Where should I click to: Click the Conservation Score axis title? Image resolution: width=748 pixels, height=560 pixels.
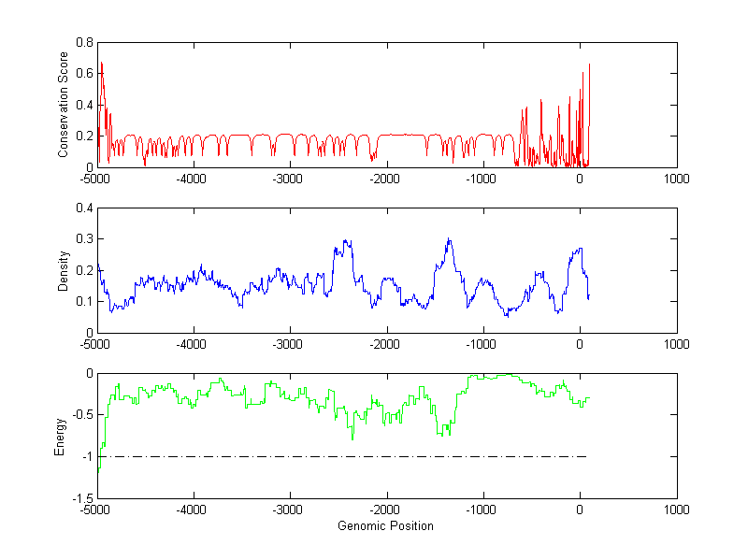[x=64, y=105]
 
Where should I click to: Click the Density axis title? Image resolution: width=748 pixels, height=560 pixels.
[x=64, y=270]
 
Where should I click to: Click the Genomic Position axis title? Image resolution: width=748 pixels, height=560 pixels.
[x=386, y=525]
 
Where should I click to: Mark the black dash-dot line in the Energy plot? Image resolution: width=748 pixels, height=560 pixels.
[x=374, y=456]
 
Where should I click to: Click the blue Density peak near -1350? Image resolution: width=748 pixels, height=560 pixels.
[x=450, y=240]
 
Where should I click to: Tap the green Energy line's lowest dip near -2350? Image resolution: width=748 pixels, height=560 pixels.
[x=352, y=438]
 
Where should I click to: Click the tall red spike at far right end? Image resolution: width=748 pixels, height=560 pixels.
[x=590, y=65]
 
